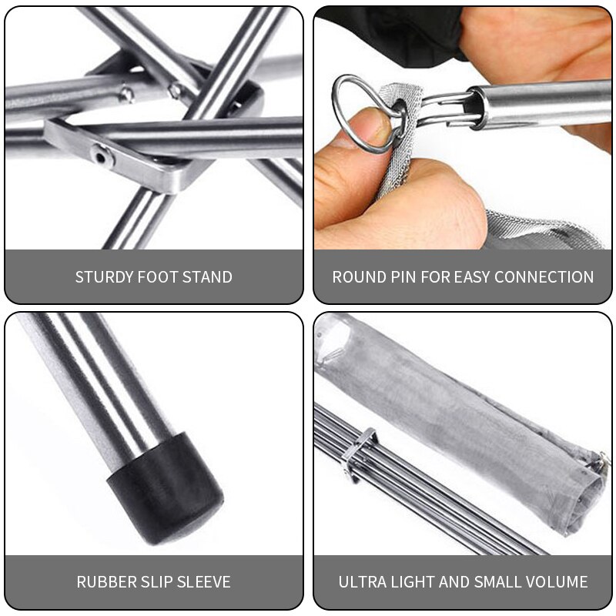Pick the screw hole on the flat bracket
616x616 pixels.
[101, 156]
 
